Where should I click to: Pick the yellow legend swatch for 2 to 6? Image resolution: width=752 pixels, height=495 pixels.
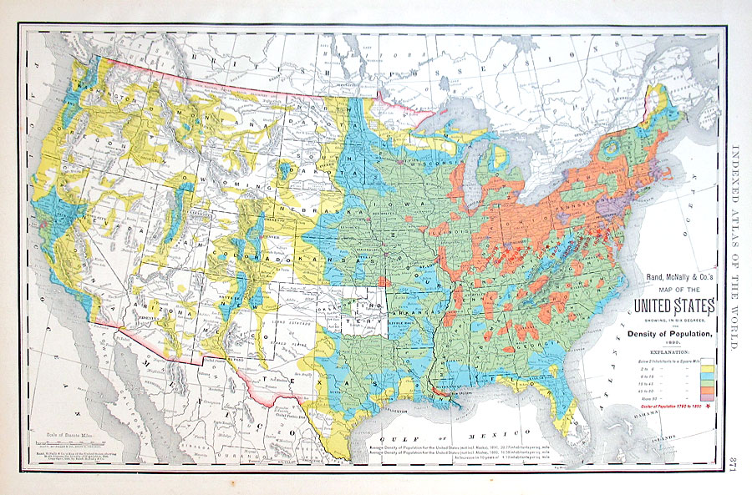click(x=707, y=369)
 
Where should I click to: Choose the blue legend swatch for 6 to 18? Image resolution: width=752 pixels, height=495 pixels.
click(x=707, y=376)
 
